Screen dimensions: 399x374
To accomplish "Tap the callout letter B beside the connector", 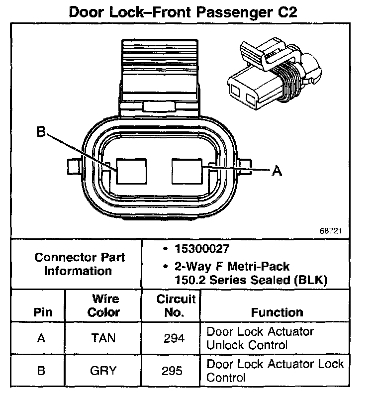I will pyautogui.click(x=41, y=132).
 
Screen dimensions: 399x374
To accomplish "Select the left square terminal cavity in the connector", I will pyautogui.click(x=131, y=172).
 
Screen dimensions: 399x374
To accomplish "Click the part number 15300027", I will pyautogui.click(x=196, y=248).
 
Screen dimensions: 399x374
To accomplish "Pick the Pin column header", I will pyautogui.click(x=42, y=312).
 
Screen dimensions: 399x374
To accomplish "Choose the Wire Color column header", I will pyautogui.click(x=104, y=305).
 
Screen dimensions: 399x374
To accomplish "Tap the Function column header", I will pyautogui.click(x=277, y=312).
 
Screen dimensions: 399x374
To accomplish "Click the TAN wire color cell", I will pyautogui.click(x=103, y=338).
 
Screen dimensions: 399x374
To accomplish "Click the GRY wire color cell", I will pyautogui.click(x=103, y=371).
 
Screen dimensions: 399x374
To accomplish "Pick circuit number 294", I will pyautogui.click(x=174, y=338).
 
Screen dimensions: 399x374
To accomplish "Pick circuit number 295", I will pyautogui.click(x=174, y=371).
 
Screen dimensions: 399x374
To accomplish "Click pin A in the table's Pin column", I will pyautogui.click(x=42, y=338).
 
